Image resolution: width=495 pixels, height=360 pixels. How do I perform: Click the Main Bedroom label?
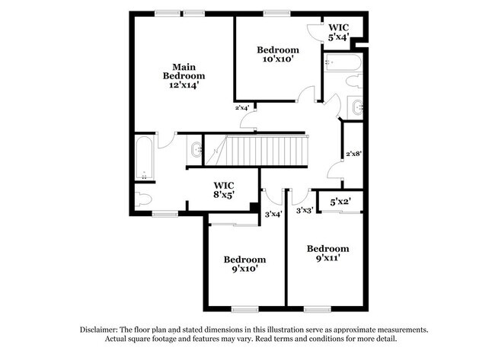click(x=184, y=71)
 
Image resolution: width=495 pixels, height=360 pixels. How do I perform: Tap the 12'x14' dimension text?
click(x=184, y=86)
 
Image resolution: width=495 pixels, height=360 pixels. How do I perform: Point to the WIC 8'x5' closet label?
click(x=223, y=190)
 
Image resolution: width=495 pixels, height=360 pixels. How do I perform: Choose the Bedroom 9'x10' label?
click(x=244, y=263)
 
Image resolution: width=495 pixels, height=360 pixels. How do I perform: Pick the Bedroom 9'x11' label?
click(x=327, y=253)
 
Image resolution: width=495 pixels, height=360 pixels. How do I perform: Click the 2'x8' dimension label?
click(x=353, y=154)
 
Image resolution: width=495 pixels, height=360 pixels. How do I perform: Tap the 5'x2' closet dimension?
click(x=340, y=202)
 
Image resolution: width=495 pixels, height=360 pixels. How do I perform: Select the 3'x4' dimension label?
click(x=273, y=214)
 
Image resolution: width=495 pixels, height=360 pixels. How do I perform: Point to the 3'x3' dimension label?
click(x=305, y=210)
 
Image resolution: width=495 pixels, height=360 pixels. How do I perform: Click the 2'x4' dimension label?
click(x=242, y=108)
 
